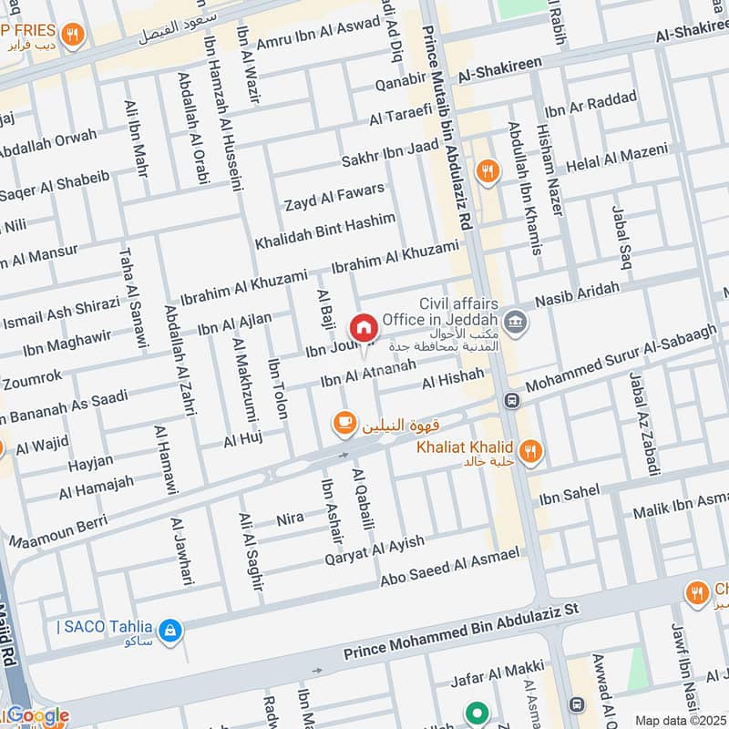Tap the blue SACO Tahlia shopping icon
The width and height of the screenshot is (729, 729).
tap(169, 629)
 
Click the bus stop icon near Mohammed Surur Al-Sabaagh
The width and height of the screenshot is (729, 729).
tap(512, 400)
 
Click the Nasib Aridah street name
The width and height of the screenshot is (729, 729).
tap(578, 293)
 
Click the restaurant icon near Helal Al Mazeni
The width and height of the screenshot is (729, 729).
tap(489, 171)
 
